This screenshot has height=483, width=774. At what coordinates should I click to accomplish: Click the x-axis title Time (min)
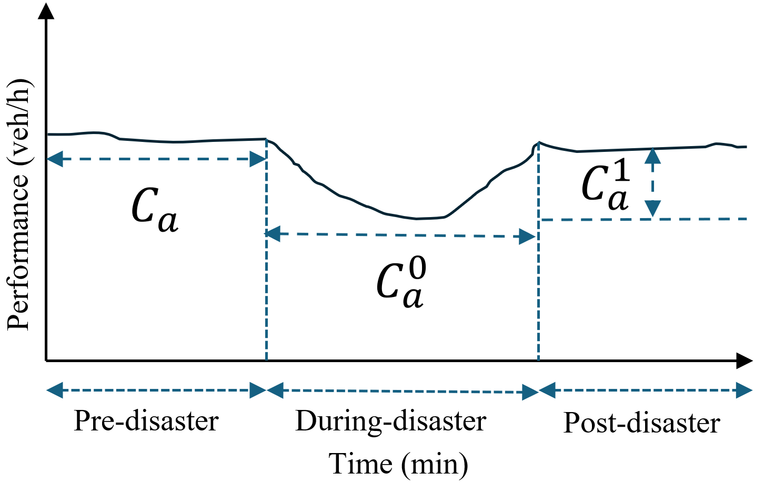coord(398,464)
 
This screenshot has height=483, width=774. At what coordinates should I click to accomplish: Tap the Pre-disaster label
coord(146,421)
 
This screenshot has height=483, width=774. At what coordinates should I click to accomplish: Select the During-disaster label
coord(390,421)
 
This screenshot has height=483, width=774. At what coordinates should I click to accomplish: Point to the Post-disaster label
coord(641,423)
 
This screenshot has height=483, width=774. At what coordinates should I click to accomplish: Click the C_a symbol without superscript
coord(154,210)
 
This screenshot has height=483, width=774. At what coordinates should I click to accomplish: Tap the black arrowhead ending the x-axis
coord(745,361)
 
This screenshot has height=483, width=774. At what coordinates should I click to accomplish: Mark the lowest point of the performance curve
coord(417,219)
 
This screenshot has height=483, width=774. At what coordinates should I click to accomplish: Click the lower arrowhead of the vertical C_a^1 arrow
coord(652,209)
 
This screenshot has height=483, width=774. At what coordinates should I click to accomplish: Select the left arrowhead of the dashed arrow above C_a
coord(55,158)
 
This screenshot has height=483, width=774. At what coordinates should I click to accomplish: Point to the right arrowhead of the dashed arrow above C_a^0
coord(527,237)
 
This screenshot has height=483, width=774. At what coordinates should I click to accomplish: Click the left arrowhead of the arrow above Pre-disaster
coord(55,390)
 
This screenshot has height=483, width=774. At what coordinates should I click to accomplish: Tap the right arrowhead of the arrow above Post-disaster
coord(745,390)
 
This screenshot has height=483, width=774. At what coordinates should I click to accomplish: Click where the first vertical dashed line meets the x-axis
coord(267,361)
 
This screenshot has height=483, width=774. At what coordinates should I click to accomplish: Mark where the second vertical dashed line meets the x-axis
coord(538,361)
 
